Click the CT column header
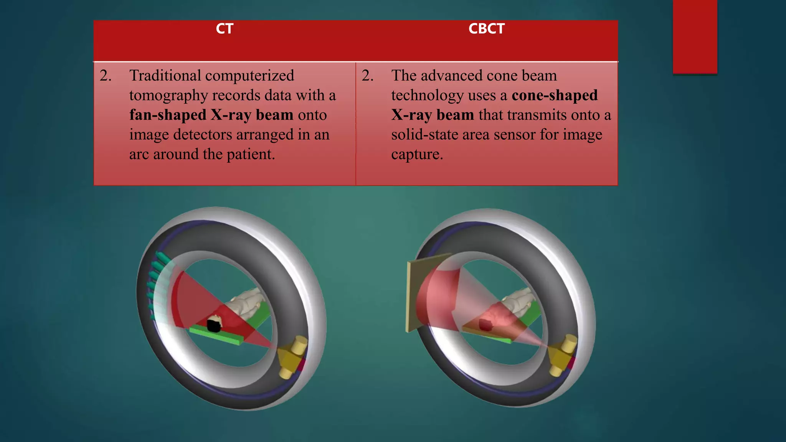click(225, 29)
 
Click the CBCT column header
click(486, 29)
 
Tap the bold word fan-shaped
click(168, 115)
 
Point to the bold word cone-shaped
click(555, 95)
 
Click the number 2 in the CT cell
click(105, 76)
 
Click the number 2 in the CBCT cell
click(367, 76)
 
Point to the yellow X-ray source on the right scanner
click(562, 354)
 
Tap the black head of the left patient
click(214, 325)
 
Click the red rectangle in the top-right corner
click(695, 36)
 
